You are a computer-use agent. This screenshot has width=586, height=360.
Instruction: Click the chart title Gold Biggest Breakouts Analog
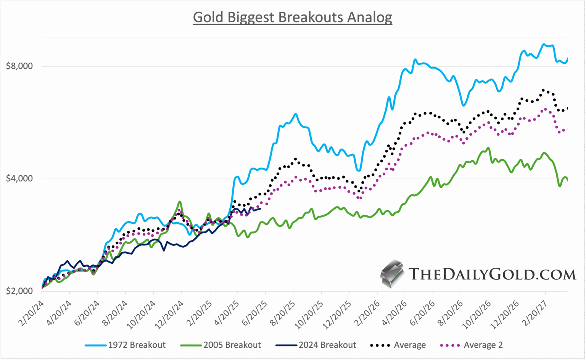point(292,17)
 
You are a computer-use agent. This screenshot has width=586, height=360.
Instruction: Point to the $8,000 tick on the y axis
point(19,66)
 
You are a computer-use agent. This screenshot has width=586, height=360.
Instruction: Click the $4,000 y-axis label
point(19,179)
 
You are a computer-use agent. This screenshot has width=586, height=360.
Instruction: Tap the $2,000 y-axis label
point(19,291)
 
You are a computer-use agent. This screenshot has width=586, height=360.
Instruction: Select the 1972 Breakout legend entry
point(126,345)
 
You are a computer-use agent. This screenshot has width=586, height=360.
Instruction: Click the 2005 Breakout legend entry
point(221,345)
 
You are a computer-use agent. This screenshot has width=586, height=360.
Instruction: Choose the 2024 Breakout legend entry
point(316,345)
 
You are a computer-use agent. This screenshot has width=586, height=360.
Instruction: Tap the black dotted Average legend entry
point(398,345)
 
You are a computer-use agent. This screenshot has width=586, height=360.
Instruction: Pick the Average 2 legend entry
point(472,345)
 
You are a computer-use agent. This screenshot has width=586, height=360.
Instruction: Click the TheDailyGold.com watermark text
point(492,274)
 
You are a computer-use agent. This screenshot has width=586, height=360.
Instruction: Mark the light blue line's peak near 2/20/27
point(544,44)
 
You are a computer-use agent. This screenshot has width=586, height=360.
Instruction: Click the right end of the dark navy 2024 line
point(260,208)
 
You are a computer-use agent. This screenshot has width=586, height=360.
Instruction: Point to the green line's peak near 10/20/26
point(488,148)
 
